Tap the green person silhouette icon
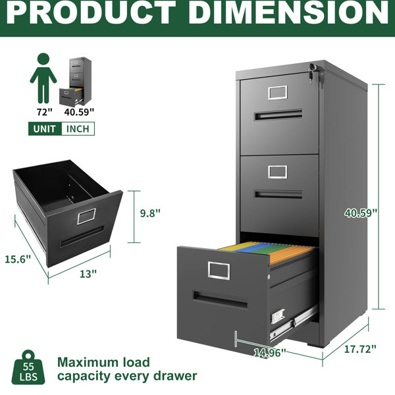pos(43,78)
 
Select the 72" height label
pos(44,112)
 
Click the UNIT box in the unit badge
pos(45,129)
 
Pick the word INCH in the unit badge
pos(78,129)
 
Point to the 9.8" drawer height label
pos(150,213)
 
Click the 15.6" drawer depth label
pos(18,259)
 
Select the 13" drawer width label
pos(88,274)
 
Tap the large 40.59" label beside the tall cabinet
pos(361,213)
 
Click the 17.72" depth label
pos(360,349)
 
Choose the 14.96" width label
pos(270,353)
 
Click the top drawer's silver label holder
pos(278,93)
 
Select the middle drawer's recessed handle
pos(278,194)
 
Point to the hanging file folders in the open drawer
pos(267,251)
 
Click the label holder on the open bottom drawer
pos(219,271)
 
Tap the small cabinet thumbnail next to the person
pos(75,82)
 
